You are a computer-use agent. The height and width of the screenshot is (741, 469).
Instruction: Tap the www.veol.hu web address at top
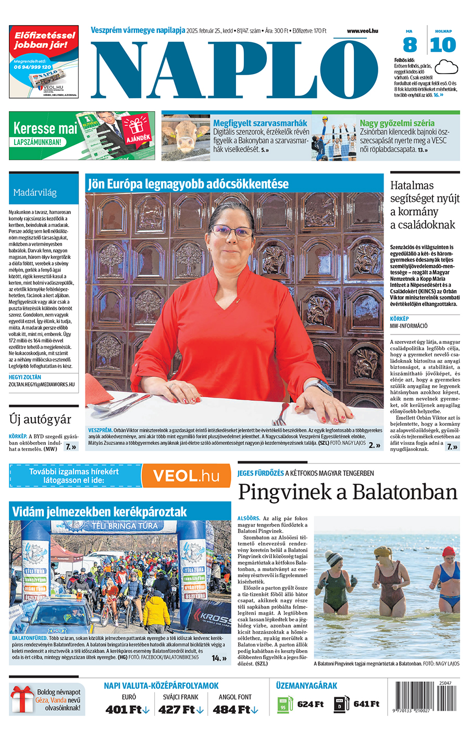(x=362, y=31)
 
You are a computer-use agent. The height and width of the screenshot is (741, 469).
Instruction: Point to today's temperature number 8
(x=410, y=45)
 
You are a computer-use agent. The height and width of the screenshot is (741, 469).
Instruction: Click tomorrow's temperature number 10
(x=443, y=45)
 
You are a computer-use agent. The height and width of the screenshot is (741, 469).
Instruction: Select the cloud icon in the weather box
(x=446, y=67)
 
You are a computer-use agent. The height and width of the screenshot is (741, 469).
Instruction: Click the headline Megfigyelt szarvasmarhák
(x=260, y=123)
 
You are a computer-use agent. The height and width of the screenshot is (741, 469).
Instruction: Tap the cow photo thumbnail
(x=186, y=137)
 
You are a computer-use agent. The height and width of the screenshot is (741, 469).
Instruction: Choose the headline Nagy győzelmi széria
(x=397, y=123)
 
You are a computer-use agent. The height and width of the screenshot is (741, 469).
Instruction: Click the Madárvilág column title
(x=35, y=193)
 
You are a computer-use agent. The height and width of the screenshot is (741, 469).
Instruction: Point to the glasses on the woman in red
(x=231, y=231)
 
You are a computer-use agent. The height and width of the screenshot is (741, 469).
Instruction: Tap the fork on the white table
(x=280, y=412)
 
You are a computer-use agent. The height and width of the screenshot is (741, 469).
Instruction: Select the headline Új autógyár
(x=40, y=420)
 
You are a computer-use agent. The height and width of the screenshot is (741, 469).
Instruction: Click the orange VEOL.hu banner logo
(x=186, y=476)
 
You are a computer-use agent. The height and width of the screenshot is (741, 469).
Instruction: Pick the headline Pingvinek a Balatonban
(x=348, y=492)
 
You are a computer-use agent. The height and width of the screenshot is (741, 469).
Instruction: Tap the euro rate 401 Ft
(x=125, y=710)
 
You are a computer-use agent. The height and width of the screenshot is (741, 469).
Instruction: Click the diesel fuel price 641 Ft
(x=366, y=704)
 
